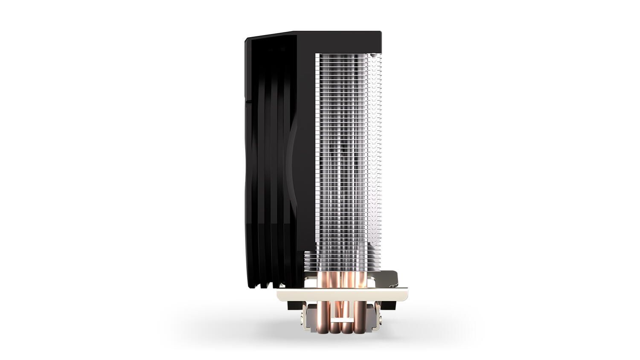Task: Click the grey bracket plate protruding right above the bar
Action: [390, 279]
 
